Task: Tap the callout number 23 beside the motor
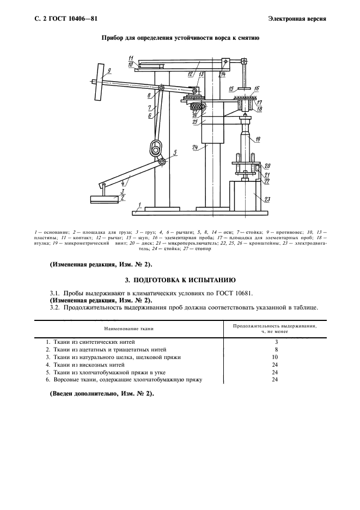(267, 200)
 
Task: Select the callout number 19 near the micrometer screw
(257, 139)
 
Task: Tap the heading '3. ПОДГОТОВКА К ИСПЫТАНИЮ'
(180, 281)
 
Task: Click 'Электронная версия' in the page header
(297, 19)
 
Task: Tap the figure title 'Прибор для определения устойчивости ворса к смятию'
(180, 39)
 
